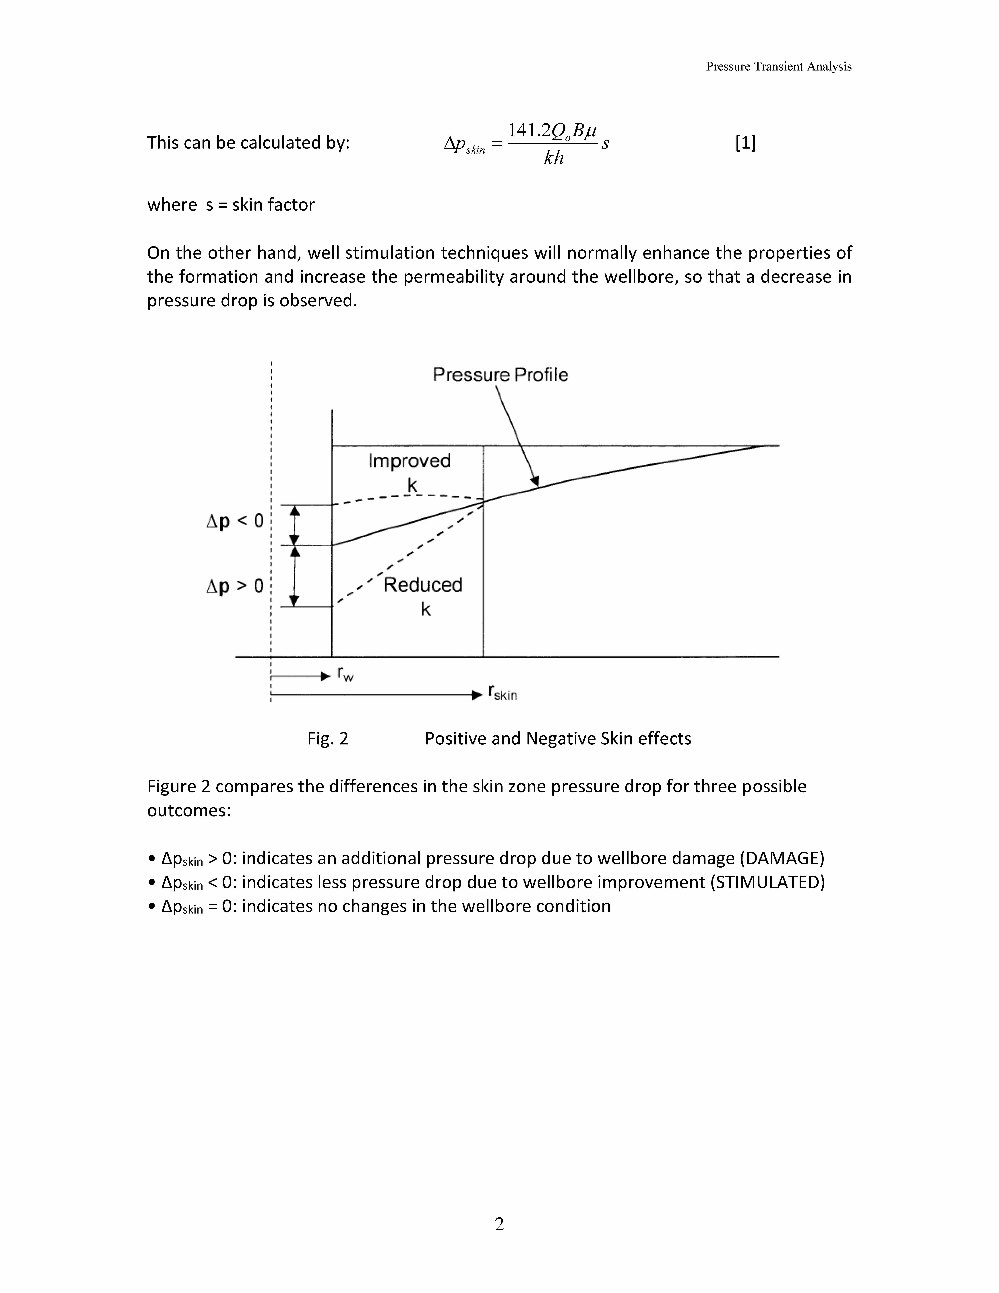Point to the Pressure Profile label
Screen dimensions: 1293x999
tap(500, 375)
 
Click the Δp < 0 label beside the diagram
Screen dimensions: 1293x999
tap(234, 521)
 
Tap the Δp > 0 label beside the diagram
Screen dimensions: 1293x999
tap(234, 586)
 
